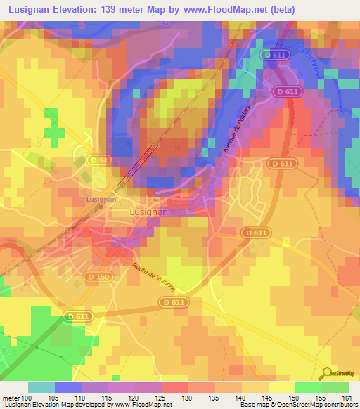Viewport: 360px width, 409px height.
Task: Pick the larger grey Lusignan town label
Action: point(149,211)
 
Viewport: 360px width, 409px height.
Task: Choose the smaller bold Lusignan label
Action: point(101,200)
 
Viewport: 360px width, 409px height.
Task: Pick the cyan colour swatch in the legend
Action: point(41,387)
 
